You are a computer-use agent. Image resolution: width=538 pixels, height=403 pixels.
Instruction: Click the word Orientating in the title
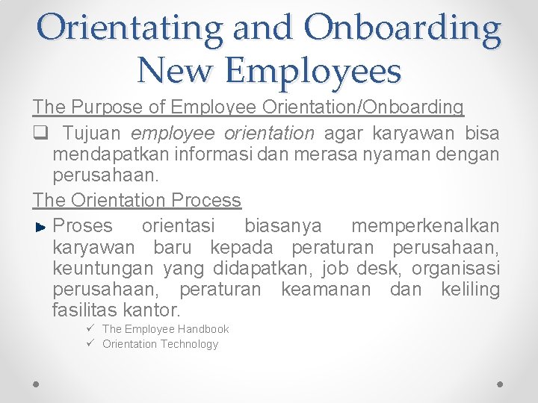coord(129,28)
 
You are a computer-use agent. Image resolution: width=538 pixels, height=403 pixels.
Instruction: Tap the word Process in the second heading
coord(206,200)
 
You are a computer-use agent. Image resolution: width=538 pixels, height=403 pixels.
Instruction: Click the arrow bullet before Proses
coord(41,226)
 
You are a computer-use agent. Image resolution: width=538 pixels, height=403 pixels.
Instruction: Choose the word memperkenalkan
coord(425,225)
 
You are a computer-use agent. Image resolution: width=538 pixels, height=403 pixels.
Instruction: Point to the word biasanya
coord(283,225)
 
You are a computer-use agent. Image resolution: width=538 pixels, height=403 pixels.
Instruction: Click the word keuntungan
coord(99,267)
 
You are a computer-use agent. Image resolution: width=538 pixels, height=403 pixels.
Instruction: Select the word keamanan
coord(326,288)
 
